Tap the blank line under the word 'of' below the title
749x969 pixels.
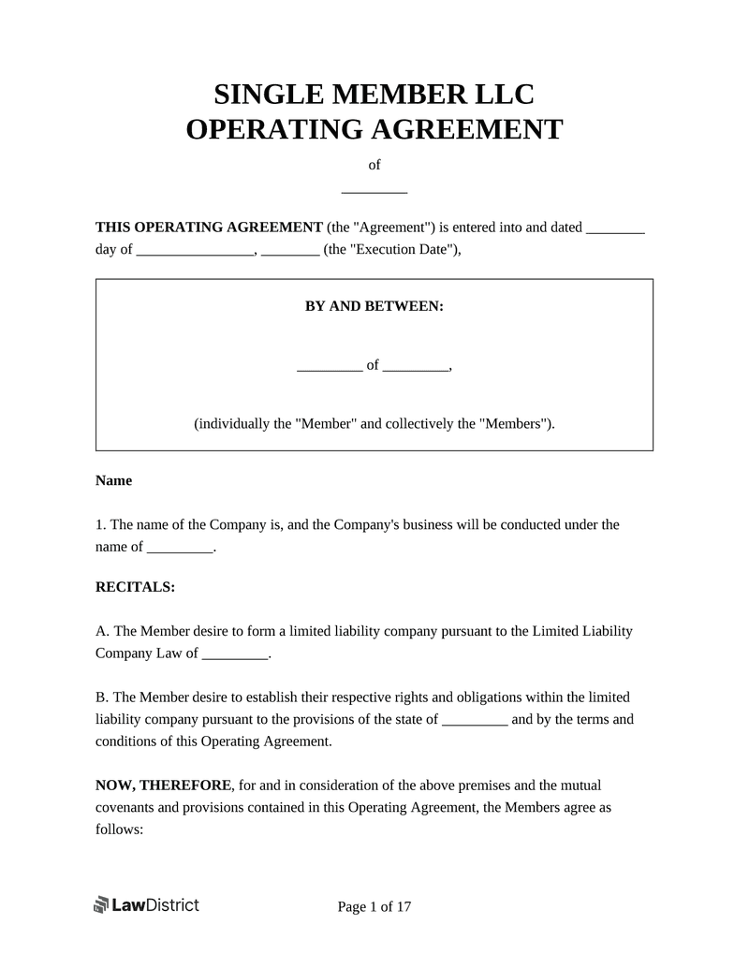point(374,191)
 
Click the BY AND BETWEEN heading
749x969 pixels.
point(374,306)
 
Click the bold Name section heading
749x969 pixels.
point(114,480)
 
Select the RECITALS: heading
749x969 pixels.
point(135,587)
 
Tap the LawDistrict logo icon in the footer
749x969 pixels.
point(102,905)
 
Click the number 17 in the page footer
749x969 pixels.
point(404,906)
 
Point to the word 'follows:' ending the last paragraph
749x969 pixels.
point(119,828)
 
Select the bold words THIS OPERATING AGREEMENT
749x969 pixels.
point(210,228)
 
